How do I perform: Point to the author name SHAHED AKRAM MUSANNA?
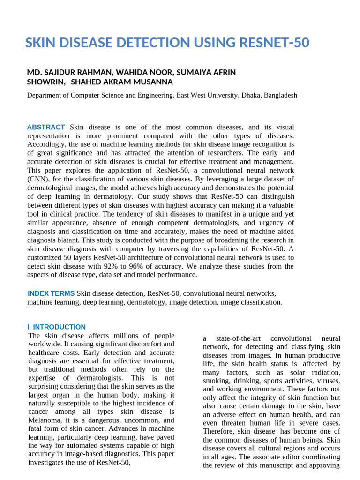124,82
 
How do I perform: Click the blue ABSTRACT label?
46,127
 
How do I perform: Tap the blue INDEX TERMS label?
51,293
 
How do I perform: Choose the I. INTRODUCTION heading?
56,327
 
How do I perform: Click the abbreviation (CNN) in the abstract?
40,179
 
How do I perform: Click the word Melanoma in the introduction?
43,420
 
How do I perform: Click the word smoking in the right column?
216,381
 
